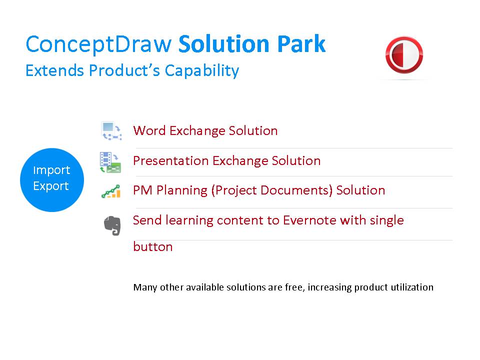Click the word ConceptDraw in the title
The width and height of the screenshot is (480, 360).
[x=98, y=44]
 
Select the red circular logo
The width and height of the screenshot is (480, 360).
[x=404, y=55]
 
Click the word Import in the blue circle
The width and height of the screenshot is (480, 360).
[x=51, y=170]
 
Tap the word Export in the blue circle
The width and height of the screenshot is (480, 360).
[x=51, y=186]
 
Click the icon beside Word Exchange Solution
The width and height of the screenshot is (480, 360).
[x=110, y=131]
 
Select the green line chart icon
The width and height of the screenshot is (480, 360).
[x=110, y=191]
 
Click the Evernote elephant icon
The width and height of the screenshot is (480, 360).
[x=112, y=225]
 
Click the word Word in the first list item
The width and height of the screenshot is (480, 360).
[x=149, y=131]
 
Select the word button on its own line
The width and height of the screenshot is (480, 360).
[x=152, y=246]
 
